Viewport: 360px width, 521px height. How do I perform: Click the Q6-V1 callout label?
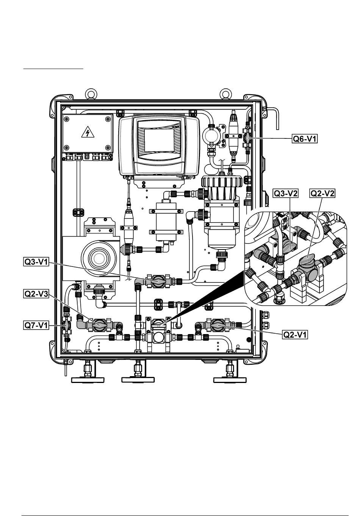coord(305,139)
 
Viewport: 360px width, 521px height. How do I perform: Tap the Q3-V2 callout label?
coord(286,193)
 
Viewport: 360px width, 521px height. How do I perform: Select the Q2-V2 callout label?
coord(322,193)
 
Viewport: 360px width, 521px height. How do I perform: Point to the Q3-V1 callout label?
coord(36,262)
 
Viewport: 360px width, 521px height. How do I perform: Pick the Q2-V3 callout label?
coord(36,294)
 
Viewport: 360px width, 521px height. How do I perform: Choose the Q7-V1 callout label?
coord(36,325)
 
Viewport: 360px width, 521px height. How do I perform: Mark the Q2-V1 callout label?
coord(295,335)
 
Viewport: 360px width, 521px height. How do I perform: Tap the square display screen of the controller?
coord(159,140)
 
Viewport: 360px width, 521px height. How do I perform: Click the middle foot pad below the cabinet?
coord(138,380)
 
